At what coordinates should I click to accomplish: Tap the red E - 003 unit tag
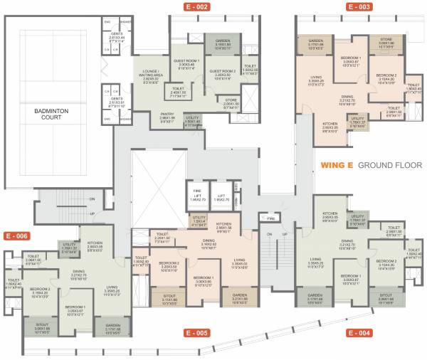[359, 6]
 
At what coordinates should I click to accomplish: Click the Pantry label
[167, 113]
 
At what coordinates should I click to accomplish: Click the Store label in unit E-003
[386, 40]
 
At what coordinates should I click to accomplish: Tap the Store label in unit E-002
[230, 100]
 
